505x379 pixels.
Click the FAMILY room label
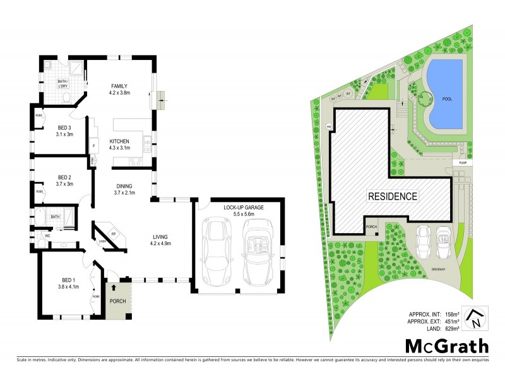[120, 86]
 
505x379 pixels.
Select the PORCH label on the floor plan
[118, 301]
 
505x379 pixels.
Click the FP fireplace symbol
[114, 234]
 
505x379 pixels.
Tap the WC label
[47, 236]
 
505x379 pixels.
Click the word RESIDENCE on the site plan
[393, 196]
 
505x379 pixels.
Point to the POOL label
[447, 99]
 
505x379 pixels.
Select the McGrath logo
[446, 346]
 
